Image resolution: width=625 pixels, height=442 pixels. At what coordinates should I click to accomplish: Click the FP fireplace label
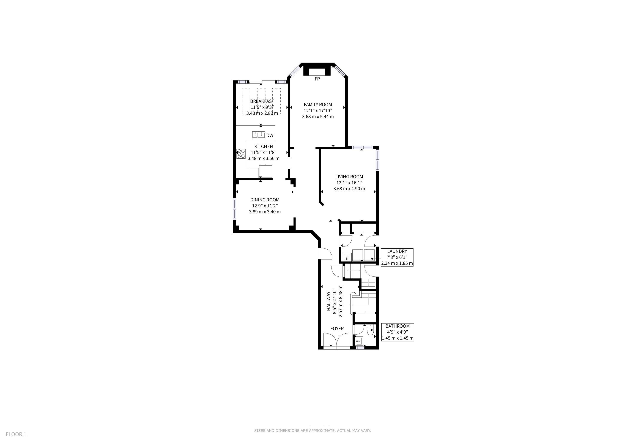pos(317,79)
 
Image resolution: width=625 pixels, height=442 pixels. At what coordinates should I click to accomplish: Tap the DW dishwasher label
pos(270,135)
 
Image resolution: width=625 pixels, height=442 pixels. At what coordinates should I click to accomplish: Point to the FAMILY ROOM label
pos(318,104)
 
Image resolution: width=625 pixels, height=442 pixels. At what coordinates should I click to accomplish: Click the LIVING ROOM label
pos(349,177)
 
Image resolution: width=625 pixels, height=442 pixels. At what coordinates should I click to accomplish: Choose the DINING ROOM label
pos(265,200)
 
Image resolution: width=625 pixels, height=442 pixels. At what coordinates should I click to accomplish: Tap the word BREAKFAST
pos(262,101)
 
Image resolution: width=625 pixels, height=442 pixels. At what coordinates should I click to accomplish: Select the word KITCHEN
pos(264,146)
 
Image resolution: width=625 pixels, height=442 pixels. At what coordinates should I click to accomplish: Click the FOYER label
pos(337,328)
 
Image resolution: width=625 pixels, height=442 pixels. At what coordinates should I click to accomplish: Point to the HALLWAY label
pos(328,301)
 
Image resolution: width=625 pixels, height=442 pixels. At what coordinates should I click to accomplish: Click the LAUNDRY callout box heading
pos(397,251)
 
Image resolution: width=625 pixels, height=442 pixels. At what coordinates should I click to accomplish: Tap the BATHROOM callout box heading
pos(398,326)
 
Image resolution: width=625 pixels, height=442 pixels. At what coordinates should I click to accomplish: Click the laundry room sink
pos(347,257)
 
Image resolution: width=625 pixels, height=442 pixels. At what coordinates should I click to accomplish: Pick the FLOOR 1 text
pos(16,434)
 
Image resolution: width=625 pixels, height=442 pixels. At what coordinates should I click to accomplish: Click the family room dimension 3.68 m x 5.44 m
pos(318,117)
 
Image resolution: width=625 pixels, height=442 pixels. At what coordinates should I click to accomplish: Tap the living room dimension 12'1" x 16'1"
pos(349,183)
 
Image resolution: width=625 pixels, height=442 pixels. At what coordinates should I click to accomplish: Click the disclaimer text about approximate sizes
pos(312,431)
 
